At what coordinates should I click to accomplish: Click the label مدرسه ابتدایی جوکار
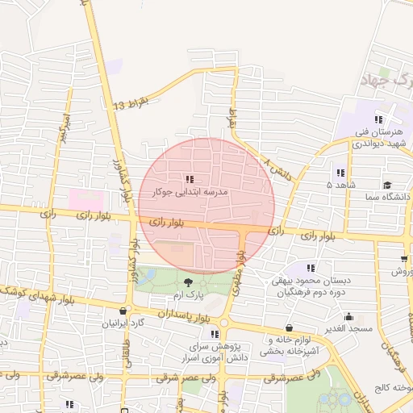coord(190,194)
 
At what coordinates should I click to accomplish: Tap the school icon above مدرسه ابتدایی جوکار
coord(190,180)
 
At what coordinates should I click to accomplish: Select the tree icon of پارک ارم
coord(189,282)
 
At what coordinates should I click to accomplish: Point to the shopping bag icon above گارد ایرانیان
coord(122,311)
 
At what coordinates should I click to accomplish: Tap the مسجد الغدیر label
coord(348,329)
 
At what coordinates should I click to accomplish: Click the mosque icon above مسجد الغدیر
coord(348,317)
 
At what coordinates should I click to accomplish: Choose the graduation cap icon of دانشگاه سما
coord(388,185)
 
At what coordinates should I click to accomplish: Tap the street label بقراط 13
coord(131,104)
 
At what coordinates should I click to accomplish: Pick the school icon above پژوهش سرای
coord(214,333)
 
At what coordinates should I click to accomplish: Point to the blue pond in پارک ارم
coord(147,276)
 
